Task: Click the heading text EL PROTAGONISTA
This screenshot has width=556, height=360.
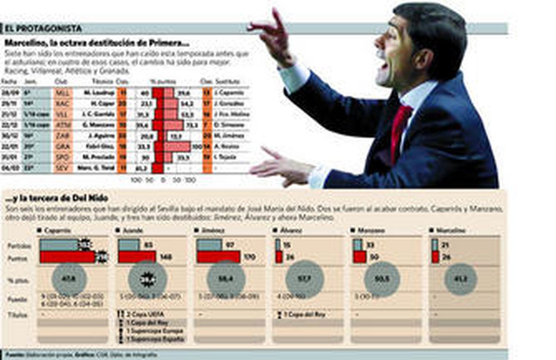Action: coord(43,28)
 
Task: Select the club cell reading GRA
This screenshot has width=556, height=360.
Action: coord(63,147)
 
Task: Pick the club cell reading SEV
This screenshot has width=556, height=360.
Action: coord(63,168)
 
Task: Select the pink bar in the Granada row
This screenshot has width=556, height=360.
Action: coord(177,147)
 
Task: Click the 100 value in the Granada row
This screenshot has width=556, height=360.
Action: coord(197,147)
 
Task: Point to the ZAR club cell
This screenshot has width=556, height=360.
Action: coord(63,136)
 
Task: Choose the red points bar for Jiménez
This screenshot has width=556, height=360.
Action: coord(218,257)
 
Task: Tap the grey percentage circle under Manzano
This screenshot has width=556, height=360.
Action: coord(382,279)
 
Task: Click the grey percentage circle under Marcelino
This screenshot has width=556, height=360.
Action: coord(460,279)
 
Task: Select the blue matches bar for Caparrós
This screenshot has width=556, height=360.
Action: coord(59,245)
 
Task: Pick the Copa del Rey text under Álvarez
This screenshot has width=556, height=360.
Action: coord(304,314)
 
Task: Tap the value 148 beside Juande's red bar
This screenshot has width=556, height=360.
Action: coord(165,257)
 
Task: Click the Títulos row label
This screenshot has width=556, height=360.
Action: coord(17,315)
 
